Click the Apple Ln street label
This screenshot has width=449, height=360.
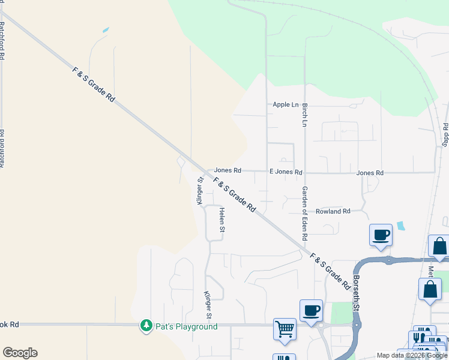285,105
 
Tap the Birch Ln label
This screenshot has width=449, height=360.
305,115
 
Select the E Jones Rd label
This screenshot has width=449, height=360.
286,172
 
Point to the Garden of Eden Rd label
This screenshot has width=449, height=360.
305,212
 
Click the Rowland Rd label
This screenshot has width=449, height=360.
334,211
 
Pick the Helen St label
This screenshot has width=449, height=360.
221,220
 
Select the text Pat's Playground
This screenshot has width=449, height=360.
187,326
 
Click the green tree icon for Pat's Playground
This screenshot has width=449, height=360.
146,326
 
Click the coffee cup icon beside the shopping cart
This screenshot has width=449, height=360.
311,310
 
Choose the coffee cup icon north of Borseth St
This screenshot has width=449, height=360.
381,235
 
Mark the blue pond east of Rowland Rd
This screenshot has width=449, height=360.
400,226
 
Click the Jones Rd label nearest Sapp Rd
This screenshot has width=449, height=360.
370,173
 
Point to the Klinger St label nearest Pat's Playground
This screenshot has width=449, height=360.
208,305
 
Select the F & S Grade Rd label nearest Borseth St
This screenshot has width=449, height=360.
330,272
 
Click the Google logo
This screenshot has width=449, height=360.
20,353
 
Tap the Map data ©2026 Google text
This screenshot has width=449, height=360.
412,355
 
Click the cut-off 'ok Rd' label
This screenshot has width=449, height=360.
10,325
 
